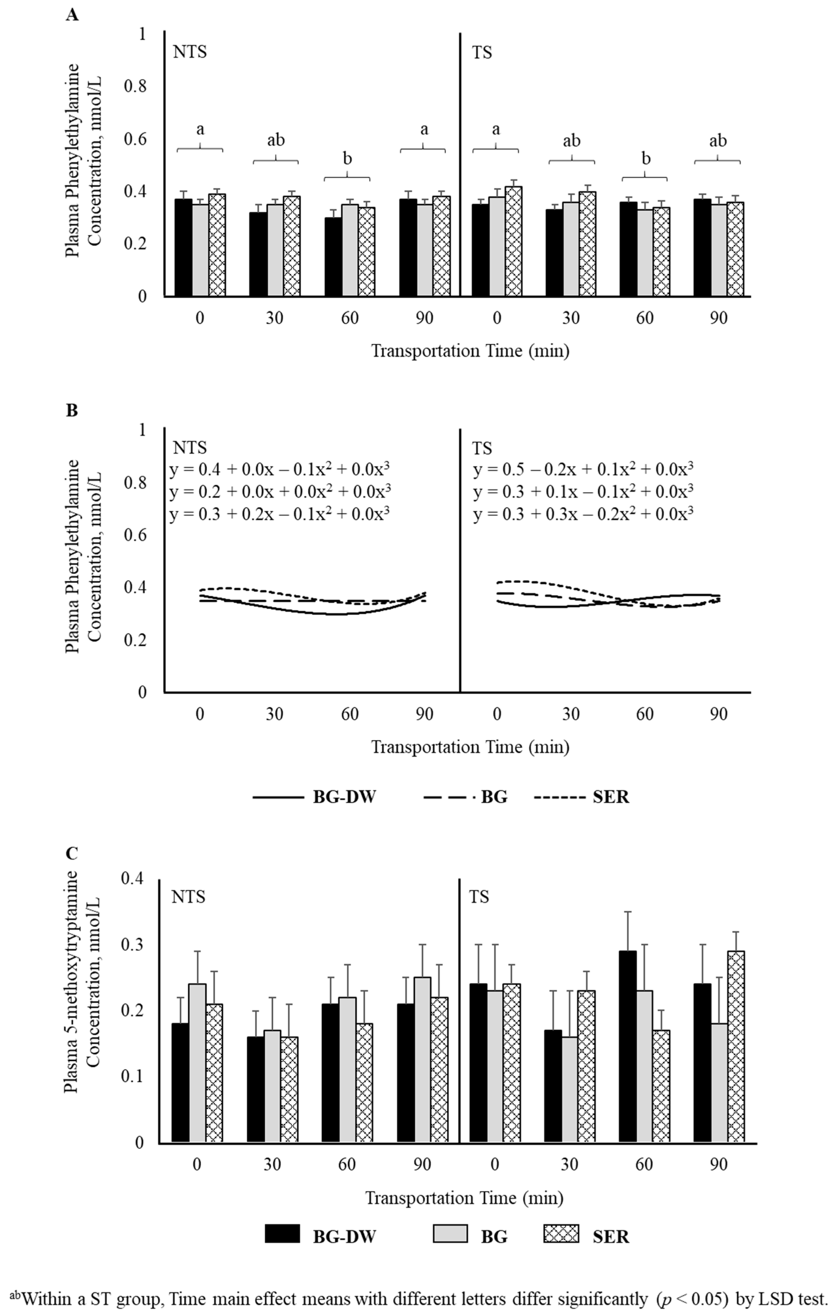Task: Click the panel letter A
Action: [x=72, y=15]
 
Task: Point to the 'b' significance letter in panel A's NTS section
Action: [x=347, y=159]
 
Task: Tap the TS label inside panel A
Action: [x=482, y=53]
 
